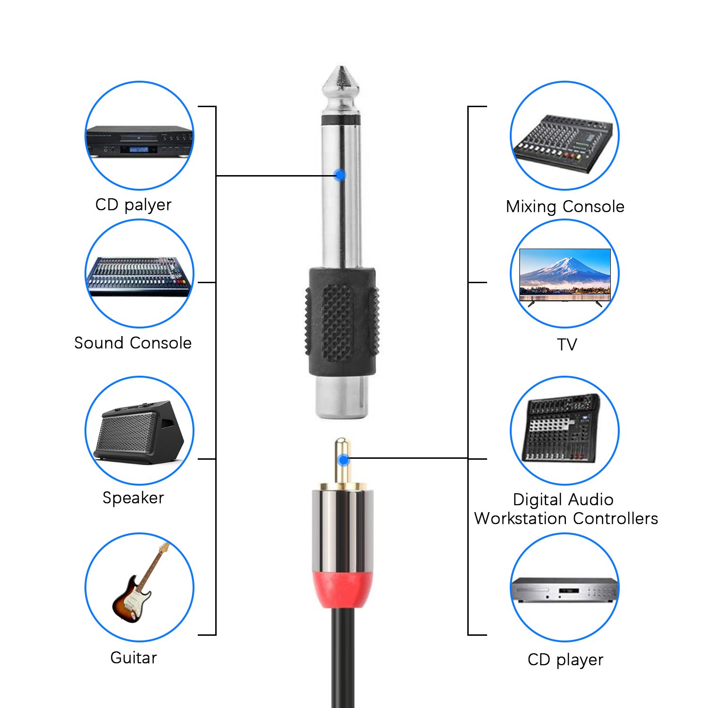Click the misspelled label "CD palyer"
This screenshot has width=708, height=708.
133,205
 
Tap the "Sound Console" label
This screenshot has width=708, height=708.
133,343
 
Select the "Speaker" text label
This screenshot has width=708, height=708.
133,498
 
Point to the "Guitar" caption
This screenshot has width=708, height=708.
133,657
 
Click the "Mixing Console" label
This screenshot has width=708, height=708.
565,207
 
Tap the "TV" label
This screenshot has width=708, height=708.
566,345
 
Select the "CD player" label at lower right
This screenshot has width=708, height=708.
565,660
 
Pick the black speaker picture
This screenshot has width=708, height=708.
139,432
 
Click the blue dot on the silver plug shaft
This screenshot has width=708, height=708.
340,175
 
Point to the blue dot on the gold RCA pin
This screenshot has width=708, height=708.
344,459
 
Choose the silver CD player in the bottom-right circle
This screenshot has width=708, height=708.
565,590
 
